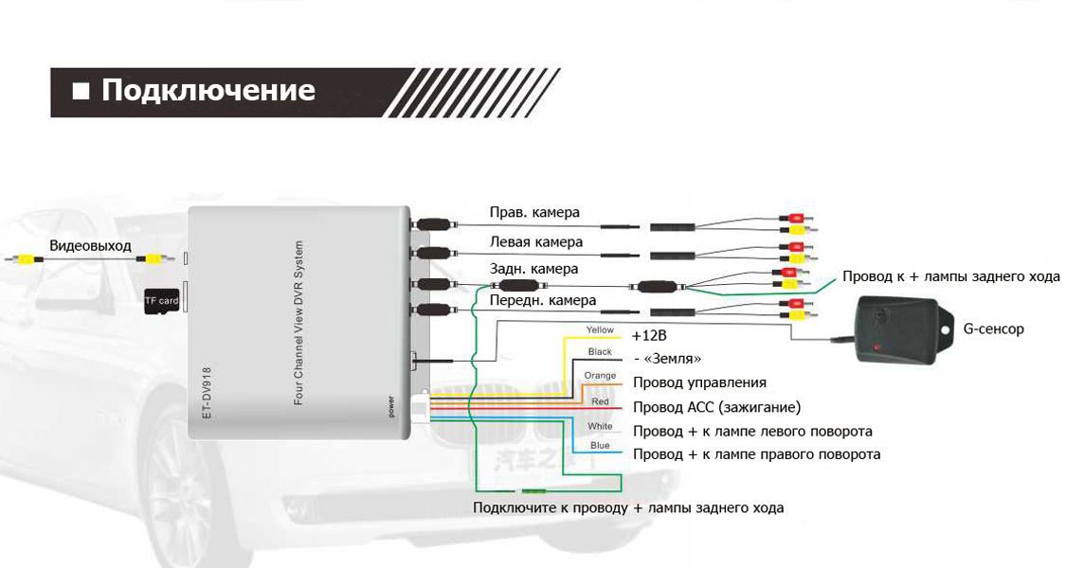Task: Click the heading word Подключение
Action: pos(208,91)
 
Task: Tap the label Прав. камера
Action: pos(534,212)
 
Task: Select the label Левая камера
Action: pos(535,242)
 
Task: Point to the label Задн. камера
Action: pos(533,270)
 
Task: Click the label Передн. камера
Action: pos(542,300)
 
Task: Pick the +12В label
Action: pos(649,336)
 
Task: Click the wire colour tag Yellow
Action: pos(600,329)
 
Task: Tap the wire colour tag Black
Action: pos(600,352)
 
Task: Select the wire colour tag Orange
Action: pos(600,376)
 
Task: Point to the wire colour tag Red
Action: pos(600,401)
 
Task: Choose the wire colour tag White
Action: pos(600,426)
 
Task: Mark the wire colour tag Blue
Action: pos(600,445)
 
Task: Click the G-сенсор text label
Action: pos(993,329)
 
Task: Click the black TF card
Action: pos(160,301)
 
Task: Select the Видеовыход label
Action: pos(90,245)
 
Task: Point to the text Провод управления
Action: pos(699,382)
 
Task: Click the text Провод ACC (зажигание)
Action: pos(716,407)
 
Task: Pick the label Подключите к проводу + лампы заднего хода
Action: pos(628,508)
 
